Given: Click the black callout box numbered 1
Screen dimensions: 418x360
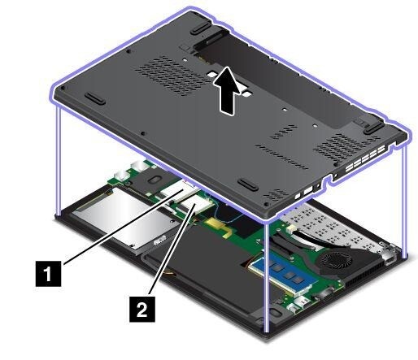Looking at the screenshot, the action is coord(48,273).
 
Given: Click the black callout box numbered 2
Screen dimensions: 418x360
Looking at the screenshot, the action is coord(142,309).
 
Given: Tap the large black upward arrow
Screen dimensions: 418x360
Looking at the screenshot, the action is coord(228,91).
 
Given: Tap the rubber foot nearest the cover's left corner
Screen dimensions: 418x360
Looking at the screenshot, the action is coord(95,99).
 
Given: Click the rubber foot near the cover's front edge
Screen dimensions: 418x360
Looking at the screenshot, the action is coord(248,184).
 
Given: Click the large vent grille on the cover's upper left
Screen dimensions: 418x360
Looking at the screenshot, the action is coord(172,76).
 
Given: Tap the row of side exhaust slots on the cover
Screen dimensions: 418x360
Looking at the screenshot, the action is coord(364,160).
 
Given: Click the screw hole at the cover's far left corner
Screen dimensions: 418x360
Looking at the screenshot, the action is coord(63,89).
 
